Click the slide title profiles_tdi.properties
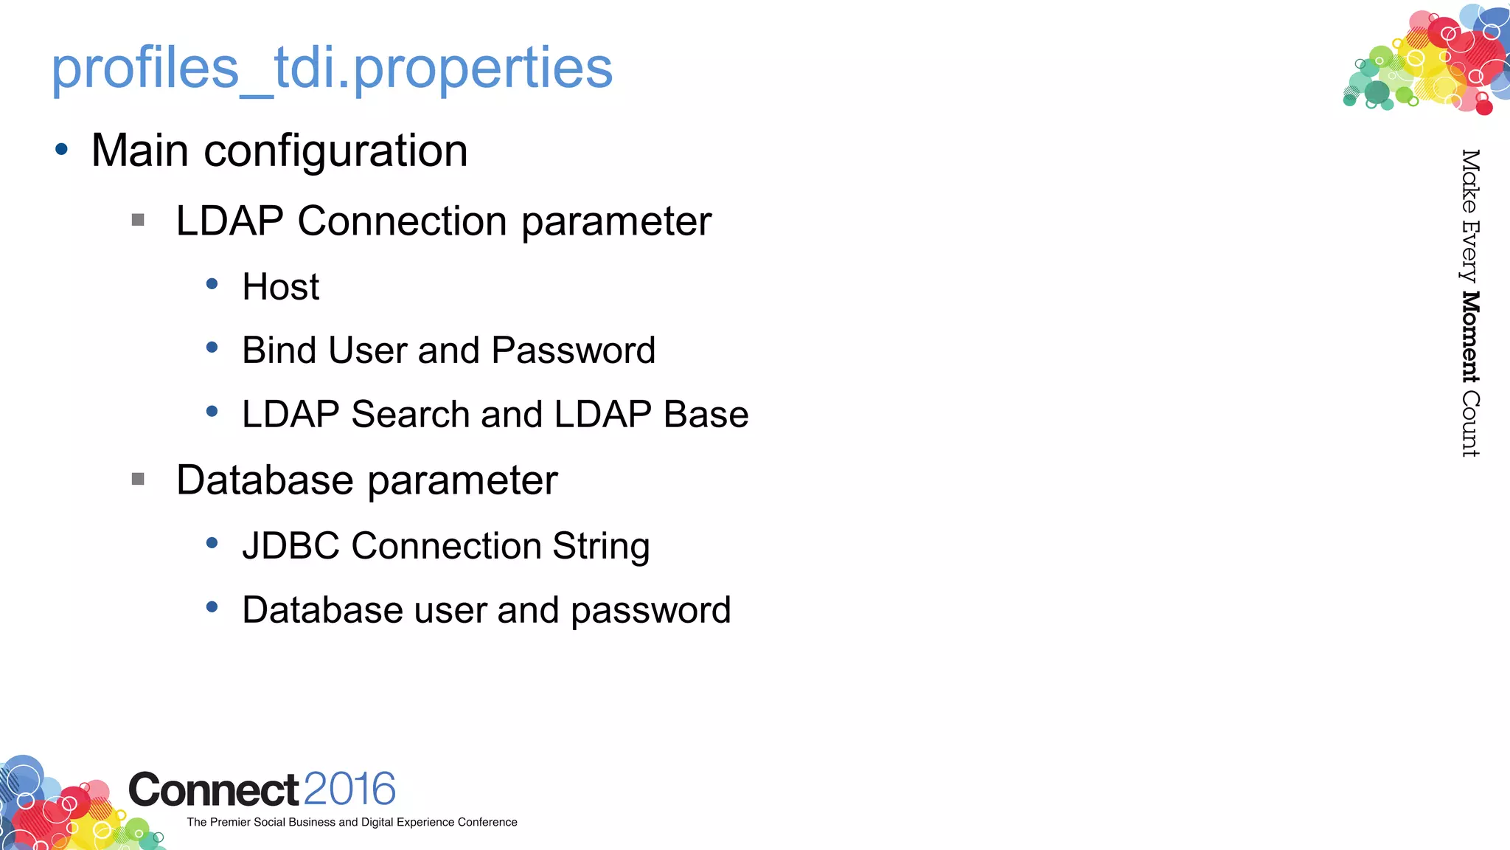[332, 68]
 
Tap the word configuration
[335, 152]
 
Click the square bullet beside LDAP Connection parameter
[138, 220]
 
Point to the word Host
[281, 286]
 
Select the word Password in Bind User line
[573, 350]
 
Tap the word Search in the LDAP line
[411, 414]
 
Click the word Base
[706, 414]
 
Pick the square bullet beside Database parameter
[138, 480]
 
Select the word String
[601, 547]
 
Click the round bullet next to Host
[212, 283]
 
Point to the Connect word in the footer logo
[214, 790]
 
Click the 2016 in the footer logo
[349, 789]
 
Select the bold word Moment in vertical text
[1470, 337]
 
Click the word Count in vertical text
[1470, 424]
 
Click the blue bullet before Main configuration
[62, 150]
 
